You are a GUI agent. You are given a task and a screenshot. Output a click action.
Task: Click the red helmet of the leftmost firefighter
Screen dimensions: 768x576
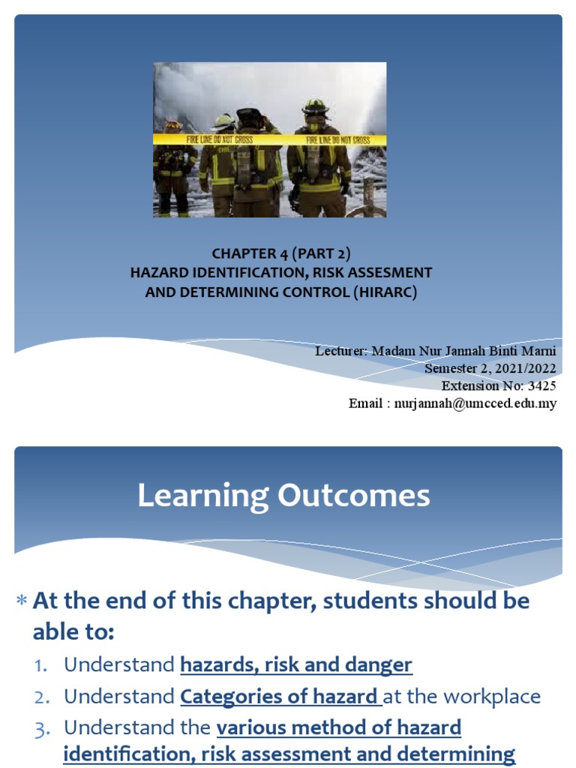pyautogui.click(x=172, y=125)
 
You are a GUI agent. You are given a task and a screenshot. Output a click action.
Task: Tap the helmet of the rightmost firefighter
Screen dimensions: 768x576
pyautogui.click(x=316, y=107)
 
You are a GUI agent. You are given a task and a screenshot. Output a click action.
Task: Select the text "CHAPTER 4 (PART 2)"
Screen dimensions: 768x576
pyautogui.click(x=280, y=254)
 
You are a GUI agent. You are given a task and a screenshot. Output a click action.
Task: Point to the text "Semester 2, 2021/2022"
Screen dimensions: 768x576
pyautogui.click(x=490, y=368)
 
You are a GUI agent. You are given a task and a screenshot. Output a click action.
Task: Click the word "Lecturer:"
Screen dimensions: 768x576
pyautogui.click(x=341, y=351)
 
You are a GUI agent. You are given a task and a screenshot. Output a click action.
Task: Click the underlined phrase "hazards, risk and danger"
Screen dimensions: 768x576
pyautogui.click(x=296, y=665)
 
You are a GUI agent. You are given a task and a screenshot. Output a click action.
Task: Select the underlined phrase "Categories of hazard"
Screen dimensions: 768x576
pyautogui.click(x=279, y=697)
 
